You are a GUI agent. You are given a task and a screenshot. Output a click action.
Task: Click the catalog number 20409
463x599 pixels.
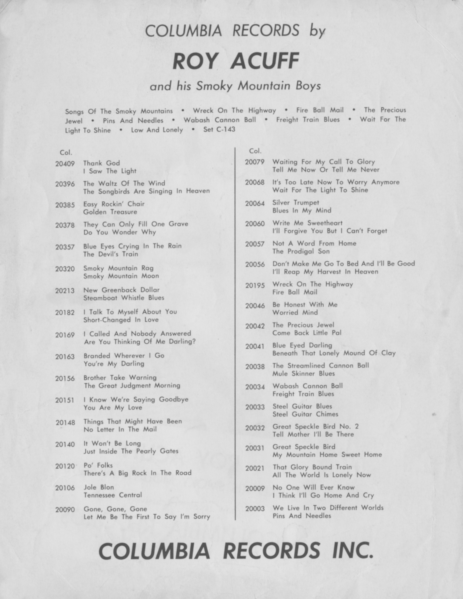(x=65, y=164)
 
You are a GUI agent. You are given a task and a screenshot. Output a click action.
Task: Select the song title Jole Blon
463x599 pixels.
(x=99, y=487)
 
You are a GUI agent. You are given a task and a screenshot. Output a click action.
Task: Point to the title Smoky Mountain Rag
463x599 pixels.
(x=118, y=268)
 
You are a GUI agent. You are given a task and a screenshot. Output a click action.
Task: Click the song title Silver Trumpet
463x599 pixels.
(x=296, y=203)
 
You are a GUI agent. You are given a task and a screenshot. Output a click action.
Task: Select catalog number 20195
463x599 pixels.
(x=255, y=285)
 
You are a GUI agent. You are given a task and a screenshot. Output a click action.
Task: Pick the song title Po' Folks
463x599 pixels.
(x=98, y=465)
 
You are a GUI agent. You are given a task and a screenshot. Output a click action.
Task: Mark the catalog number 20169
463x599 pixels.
(x=65, y=335)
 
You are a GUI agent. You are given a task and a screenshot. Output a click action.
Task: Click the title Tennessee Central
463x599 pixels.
(x=113, y=495)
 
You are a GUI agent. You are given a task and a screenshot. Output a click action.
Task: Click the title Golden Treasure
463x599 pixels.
(x=110, y=212)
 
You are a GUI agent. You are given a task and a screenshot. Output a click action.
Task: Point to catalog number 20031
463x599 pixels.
(x=255, y=448)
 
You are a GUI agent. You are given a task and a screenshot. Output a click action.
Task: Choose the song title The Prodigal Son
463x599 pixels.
(x=301, y=251)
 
